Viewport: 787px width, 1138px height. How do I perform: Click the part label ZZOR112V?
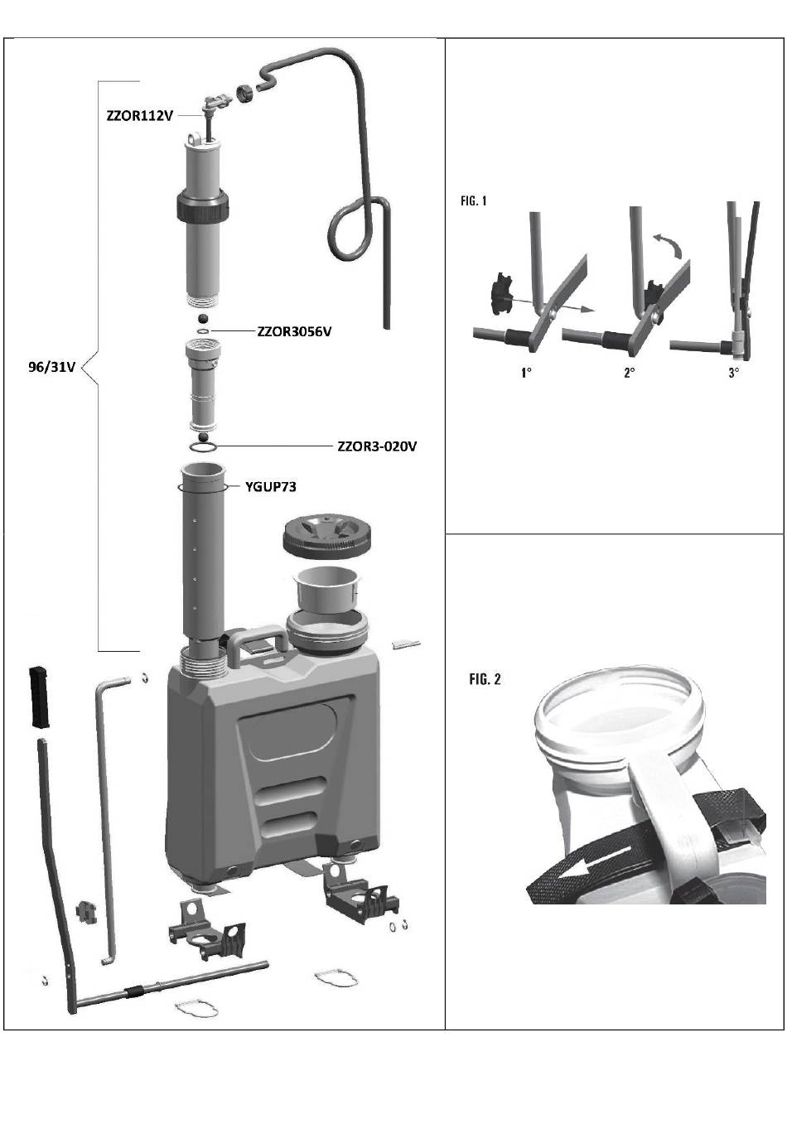click(x=140, y=115)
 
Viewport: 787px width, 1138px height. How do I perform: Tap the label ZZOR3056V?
click(x=294, y=332)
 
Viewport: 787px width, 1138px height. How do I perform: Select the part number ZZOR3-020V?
click(x=377, y=446)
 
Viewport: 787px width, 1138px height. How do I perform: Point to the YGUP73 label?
click(x=270, y=487)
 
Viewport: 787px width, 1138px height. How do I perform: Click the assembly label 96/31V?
click(x=51, y=367)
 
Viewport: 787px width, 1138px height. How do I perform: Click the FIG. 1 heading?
click(x=474, y=201)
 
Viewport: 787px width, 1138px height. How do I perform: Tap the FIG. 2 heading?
click(x=485, y=679)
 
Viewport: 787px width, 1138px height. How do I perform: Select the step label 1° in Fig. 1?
click(x=526, y=373)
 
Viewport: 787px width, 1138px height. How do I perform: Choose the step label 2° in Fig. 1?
click(x=629, y=373)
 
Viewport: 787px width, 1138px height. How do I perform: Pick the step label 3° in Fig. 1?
click(x=733, y=373)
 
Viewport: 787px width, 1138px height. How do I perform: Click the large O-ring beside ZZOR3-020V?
click(x=203, y=447)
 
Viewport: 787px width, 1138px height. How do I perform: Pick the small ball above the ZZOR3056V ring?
click(x=203, y=319)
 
